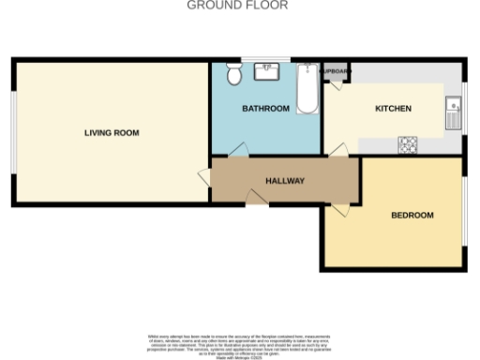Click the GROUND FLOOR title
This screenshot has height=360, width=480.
coord(237,5)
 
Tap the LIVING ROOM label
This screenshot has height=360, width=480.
coord(112,133)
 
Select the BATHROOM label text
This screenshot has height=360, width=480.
coord(265,109)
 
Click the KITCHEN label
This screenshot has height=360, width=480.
coord(393,109)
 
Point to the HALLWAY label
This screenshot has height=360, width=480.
coord(284,180)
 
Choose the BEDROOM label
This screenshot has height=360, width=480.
coord(412,215)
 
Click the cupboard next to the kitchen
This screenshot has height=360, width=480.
coord(336,72)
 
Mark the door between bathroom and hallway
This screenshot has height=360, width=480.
coord(239,150)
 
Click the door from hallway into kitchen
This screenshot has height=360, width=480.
coord(337,150)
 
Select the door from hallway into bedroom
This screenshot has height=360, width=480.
coord(339,208)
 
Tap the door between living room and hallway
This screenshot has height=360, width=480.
coord(203,176)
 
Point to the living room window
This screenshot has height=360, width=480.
coord(13,132)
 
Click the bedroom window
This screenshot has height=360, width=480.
coord(464,210)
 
